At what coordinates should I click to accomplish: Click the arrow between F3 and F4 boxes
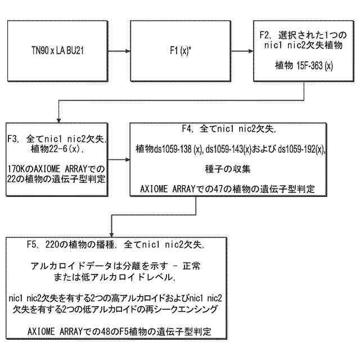121,159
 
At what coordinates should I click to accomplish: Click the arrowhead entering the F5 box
113,233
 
